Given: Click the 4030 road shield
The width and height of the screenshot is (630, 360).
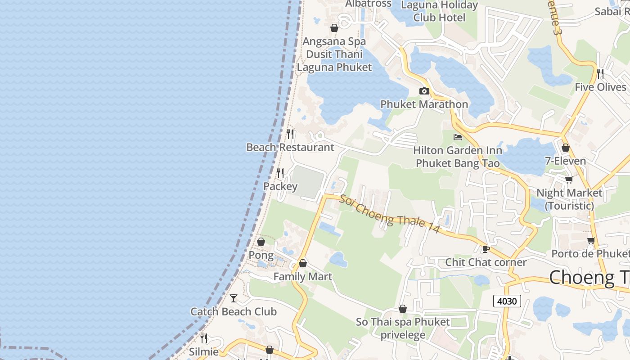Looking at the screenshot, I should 507,301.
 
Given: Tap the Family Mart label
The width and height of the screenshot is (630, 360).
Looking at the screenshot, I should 303,276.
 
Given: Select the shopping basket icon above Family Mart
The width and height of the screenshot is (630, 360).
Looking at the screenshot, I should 303,263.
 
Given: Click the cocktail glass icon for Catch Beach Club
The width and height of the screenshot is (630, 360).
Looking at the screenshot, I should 234,298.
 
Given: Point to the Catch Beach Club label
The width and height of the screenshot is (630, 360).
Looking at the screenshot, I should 234,311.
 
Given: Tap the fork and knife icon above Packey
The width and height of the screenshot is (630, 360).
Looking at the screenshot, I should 280,173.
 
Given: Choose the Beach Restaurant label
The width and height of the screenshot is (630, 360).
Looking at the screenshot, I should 290,147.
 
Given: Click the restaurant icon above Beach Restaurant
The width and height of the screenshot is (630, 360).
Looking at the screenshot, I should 290,134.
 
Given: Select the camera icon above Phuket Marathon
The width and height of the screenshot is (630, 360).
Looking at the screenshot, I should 424,91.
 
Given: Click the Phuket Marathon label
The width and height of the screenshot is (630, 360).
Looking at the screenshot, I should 424,104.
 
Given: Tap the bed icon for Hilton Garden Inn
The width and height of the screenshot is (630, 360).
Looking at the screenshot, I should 458,137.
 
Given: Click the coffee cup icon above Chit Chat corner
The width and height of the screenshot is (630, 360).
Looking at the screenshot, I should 486,249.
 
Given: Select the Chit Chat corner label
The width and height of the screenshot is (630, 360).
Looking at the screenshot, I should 486,262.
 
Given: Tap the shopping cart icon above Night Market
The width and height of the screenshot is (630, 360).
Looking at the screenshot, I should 569,180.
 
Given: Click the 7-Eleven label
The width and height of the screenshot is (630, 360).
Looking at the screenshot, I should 566,161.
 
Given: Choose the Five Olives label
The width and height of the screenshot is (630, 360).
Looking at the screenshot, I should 600,87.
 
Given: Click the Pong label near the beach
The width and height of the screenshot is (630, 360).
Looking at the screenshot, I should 261,255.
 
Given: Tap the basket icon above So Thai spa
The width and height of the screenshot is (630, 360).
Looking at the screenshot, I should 403,309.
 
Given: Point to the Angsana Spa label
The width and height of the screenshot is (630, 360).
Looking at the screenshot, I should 334,41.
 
